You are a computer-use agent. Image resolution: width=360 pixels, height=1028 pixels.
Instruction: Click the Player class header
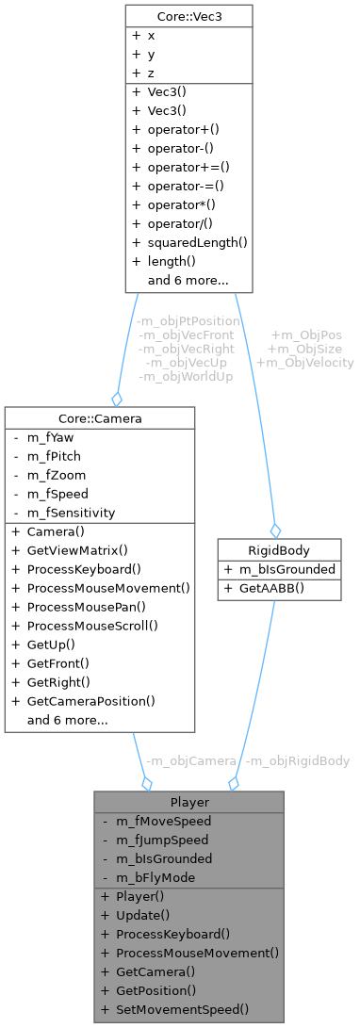pyautogui.click(x=188, y=802)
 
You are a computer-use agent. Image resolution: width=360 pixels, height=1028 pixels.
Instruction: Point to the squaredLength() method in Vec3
pyautogui.click(x=190, y=242)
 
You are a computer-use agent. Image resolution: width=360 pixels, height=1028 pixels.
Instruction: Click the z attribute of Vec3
pyautogui.click(x=152, y=73)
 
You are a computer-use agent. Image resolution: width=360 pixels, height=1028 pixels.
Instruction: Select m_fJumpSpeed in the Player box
pyautogui.click(x=155, y=840)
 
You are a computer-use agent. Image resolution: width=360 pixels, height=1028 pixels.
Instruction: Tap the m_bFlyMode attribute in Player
pyautogui.click(x=155, y=877)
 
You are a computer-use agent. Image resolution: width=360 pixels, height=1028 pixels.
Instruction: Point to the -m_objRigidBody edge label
pyautogui.click(x=298, y=760)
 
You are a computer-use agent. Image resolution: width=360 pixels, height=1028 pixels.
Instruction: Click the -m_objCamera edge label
pyautogui.click(x=190, y=760)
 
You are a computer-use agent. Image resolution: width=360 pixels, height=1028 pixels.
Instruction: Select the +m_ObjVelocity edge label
pyautogui.click(x=306, y=362)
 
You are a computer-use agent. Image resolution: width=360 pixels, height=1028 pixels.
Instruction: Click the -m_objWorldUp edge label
pyautogui.click(x=187, y=376)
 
